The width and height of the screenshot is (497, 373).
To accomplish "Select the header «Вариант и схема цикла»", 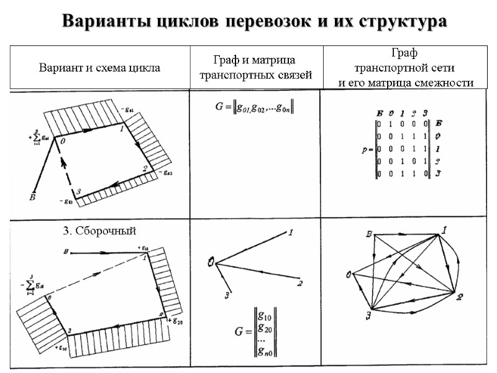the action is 99,68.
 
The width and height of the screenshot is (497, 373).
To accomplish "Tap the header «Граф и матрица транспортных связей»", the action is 254,67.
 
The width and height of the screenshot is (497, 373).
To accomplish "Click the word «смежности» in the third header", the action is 442,82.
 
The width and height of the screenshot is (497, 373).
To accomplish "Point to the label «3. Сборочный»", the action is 99,231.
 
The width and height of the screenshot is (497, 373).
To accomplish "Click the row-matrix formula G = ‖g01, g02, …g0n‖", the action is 255,108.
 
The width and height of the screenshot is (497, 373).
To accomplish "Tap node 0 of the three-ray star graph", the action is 212,263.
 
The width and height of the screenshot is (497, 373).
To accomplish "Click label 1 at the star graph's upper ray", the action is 290,233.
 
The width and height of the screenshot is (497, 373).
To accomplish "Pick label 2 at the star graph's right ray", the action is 299,284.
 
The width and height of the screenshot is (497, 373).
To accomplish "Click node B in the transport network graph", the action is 368,234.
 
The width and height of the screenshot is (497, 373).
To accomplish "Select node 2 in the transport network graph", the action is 460,297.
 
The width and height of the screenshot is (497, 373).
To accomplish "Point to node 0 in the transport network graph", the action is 349,274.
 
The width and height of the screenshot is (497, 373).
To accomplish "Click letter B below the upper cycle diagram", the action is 31,198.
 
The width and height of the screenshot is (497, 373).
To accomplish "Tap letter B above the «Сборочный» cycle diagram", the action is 65,252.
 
